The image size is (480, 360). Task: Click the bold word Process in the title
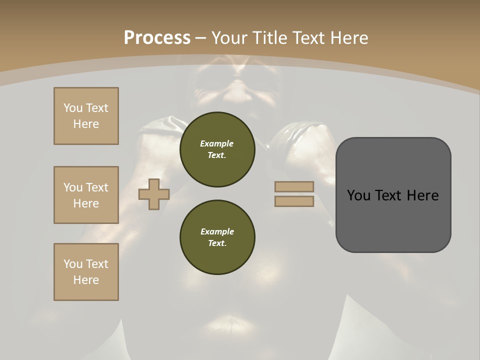click(157, 38)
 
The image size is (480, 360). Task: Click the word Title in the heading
click(270, 38)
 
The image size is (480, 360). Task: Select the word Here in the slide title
click(349, 38)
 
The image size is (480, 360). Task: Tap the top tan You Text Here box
click(86, 116)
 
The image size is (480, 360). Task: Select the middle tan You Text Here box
click(86, 195)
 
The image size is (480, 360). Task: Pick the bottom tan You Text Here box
click(86, 272)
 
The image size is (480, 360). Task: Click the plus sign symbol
click(154, 194)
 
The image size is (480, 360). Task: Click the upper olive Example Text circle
click(217, 149)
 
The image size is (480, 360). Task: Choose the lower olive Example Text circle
click(217, 237)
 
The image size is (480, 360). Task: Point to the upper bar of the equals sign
click(294, 186)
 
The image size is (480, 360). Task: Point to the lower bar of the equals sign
click(294, 201)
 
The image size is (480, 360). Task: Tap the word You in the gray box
click(359, 195)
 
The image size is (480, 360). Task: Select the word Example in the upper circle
click(216, 143)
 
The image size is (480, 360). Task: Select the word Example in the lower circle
click(217, 231)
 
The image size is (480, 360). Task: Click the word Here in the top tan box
click(86, 124)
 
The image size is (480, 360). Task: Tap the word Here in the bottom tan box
click(86, 280)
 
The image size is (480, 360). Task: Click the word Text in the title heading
click(308, 38)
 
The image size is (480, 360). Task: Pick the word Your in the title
click(229, 38)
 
